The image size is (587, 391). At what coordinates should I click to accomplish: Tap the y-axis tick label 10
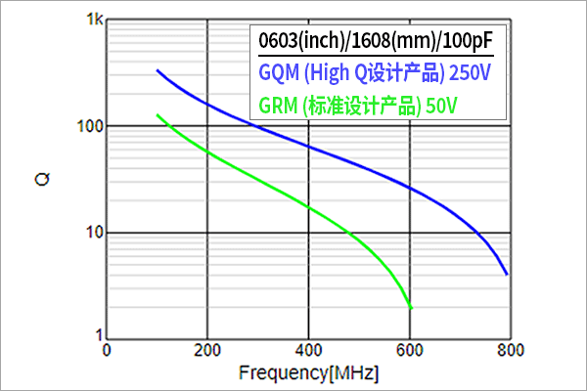pyautogui.click(x=93, y=234)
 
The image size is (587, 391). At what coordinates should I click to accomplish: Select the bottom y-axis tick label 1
pyautogui.click(x=97, y=334)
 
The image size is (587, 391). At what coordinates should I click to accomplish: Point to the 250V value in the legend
pyautogui.click(x=471, y=74)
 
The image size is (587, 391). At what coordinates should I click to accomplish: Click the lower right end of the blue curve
pyautogui.click(x=507, y=274)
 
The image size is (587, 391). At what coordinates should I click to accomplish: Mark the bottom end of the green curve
pyautogui.click(x=411, y=309)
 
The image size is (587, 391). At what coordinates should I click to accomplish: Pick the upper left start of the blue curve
pyautogui.click(x=158, y=70)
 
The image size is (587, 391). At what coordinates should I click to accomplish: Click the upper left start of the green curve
pyautogui.click(x=158, y=114)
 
